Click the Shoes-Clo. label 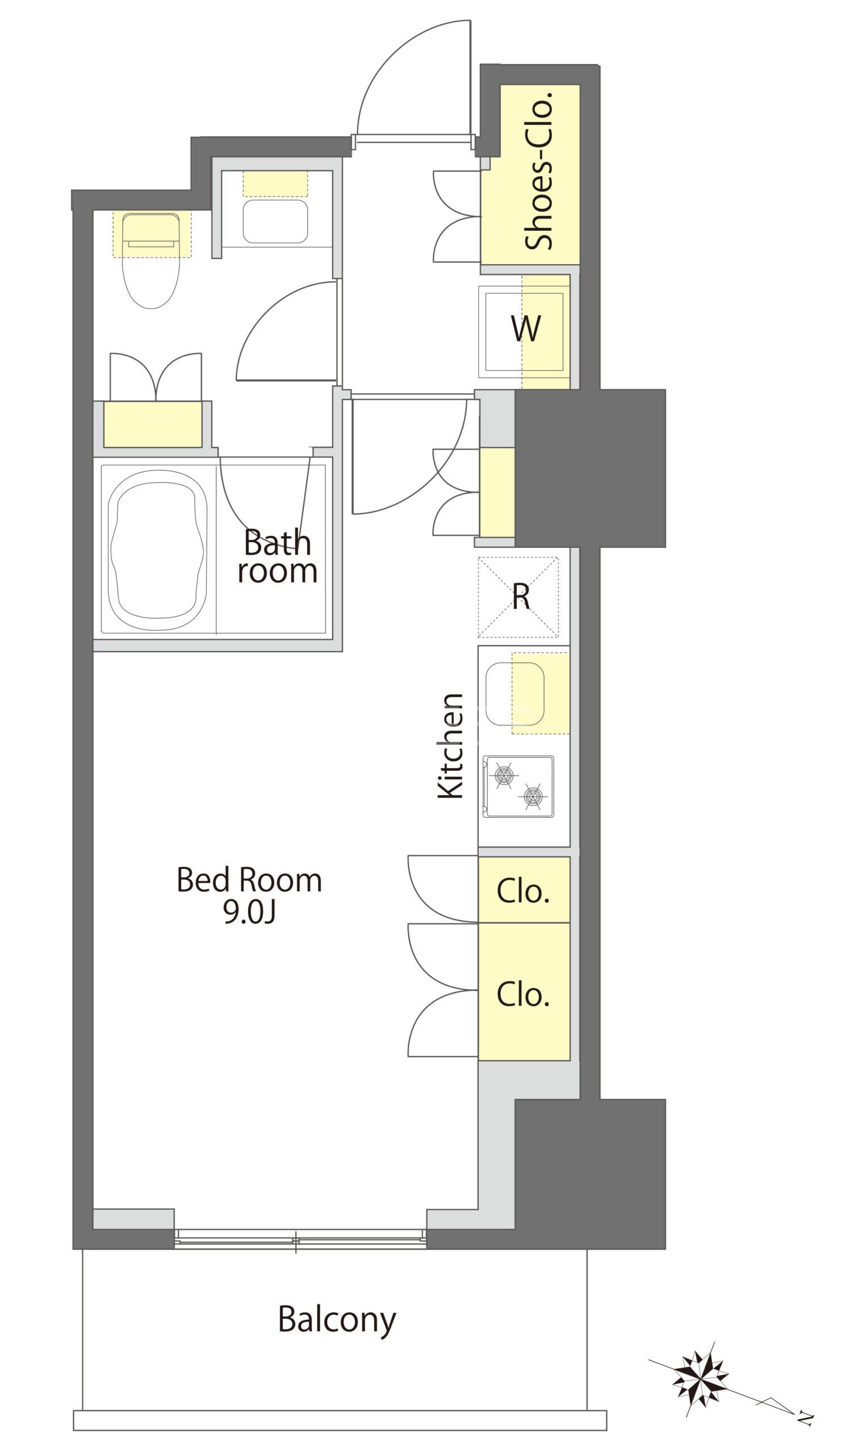[538, 171]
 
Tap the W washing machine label [525, 328]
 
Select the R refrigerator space [517, 597]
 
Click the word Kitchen [450, 746]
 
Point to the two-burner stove [517, 787]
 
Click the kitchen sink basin [514, 694]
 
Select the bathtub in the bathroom [156, 551]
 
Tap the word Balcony [336, 1319]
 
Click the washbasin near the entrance [275, 221]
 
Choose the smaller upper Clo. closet [524, 890]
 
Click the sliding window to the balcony [300, 1244]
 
